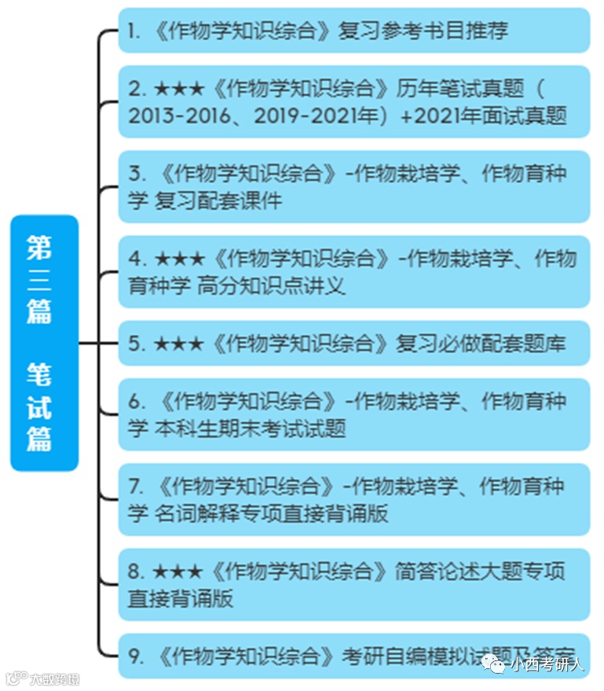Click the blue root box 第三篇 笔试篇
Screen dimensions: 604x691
click(x=44, y=343)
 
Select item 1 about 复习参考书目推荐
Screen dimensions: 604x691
click(x=353, y=31)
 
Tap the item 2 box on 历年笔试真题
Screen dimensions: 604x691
click(x=353, y=101)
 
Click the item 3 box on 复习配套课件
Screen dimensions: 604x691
click(x=353, y=187)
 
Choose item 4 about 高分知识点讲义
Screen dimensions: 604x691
click(x=353, y=272)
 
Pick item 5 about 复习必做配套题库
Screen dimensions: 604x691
click(x=353, y=344)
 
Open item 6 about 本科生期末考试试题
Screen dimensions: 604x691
click(x=353, y=414)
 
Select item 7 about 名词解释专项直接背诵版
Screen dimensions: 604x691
click(x=353, y=500)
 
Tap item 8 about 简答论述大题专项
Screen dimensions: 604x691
click(x=353, y=585)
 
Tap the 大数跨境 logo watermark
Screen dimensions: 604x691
click(x=43, y=678)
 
